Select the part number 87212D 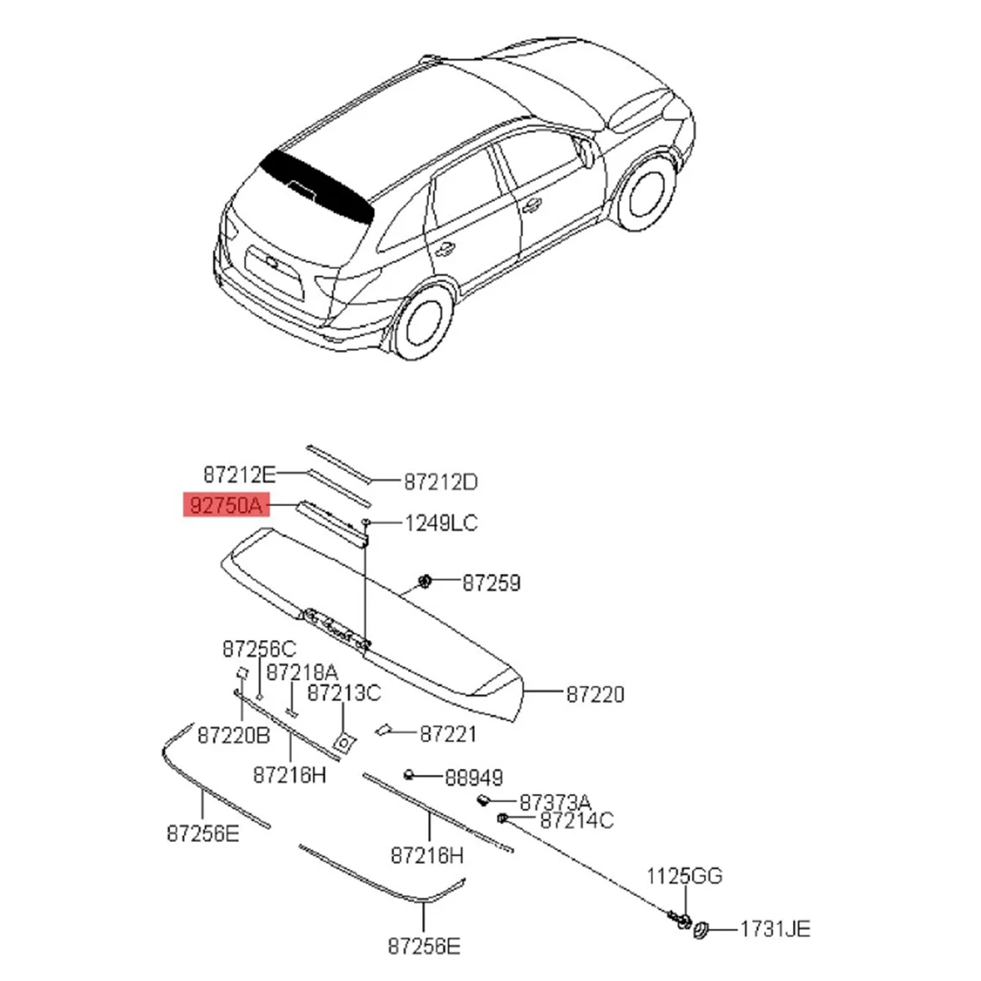(x=440, y=482)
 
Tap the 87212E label (x=240, y=474)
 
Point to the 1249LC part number (x=441, y=522)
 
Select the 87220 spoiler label (x=595, y=694)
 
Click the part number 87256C (x=259, y=649)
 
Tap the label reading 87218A (x=302, y=672)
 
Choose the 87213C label (x=343, y=693)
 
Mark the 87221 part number (x=448, y=734)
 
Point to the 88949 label (x=473, y=777)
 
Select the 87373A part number (x=555, y=803)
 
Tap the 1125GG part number (x=685, y=876)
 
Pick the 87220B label (x=233, y=736)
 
